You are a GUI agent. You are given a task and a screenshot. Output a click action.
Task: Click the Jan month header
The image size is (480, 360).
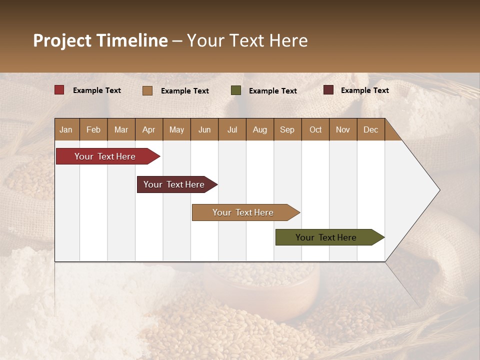tap(66, 129)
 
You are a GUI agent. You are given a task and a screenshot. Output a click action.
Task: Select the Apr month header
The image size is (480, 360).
tap(148, 129)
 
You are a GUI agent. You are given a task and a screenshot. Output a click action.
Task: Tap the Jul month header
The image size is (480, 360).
tap(232, 129)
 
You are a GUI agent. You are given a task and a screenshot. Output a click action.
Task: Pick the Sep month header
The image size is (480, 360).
tap(287, 129)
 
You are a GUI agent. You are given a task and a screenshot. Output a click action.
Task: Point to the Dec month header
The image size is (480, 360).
tap(370, 129)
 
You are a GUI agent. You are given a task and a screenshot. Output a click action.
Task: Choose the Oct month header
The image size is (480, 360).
tap(315, 129)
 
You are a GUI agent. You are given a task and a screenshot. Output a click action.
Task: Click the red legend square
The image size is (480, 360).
tap(59, 90)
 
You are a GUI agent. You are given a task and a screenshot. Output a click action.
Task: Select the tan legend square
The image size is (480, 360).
tap(147, 90)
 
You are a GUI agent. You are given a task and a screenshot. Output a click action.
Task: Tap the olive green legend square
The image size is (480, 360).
tap(236, 90)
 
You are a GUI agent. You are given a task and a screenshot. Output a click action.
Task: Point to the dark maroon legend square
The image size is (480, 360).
tap(328, 90)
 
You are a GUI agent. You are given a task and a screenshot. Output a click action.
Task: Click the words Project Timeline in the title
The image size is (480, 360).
tap(100, 40)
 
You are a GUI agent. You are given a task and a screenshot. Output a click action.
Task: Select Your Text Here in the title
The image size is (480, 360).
tap(247, 40)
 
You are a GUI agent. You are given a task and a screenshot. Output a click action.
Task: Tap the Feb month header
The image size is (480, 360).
tap(93, 129)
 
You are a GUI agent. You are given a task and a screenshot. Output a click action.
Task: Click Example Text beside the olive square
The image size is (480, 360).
tap(272, 91)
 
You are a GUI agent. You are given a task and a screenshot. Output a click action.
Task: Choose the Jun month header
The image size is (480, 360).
tap(204, 129)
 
